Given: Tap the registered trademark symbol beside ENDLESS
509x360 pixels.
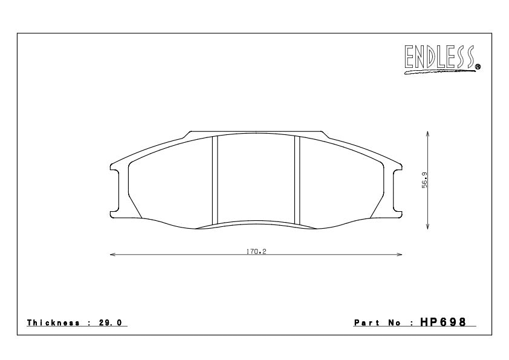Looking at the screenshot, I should pyautogui.click(x=478, y=67).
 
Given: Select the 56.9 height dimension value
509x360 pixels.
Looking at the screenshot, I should pyautogui.click(x=425, y=180).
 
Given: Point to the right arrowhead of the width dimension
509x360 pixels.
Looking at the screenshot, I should pyautogui.click(x=401, y=255).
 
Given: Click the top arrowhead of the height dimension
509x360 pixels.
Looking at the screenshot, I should pyautogui.click(x=428, y=132).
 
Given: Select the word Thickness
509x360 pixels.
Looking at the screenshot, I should pyautogui.click(x=53, y=322).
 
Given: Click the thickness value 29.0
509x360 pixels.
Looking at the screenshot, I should pyautogui.click(x=111, y=322).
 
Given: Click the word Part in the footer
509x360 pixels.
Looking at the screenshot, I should pyautogui.click(x=365, y=322).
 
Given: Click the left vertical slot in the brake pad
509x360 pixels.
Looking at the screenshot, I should pyautogui.click(x=214, y=180).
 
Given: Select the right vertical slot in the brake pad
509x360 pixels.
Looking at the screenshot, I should pyautogui.click(x=297, y=180).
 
